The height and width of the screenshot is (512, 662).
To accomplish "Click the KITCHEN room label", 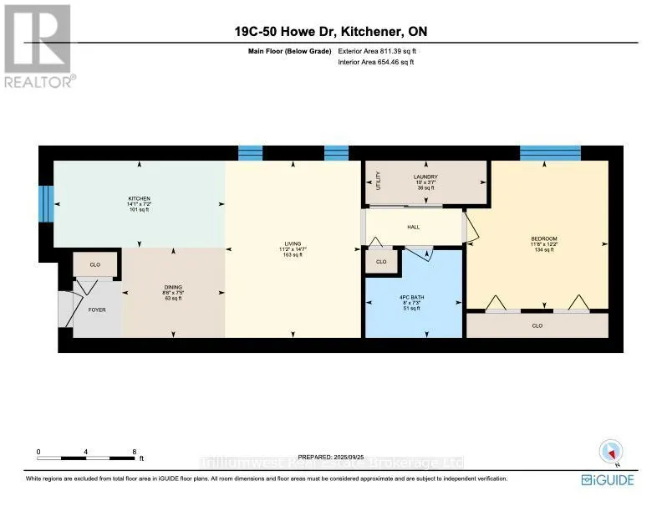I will point(138,198).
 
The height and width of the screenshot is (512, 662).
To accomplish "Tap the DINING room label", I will point(173,287).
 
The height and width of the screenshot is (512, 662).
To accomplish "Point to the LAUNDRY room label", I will point(425,177).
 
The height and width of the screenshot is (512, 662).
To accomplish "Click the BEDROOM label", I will point(543,238).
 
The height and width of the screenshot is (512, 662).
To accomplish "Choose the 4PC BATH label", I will point(413,298).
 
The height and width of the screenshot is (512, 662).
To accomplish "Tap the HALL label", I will point(413,227).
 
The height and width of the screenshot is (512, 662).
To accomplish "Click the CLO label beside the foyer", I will point(95,264).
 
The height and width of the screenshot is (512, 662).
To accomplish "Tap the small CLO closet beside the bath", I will point(381,262).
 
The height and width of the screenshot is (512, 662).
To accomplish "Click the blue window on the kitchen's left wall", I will point(47,200).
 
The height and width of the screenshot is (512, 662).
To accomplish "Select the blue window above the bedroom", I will point(549,152).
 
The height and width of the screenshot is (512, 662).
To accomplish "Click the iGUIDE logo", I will point(608,479).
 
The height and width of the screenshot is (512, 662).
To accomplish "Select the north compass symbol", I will point(607,451).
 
